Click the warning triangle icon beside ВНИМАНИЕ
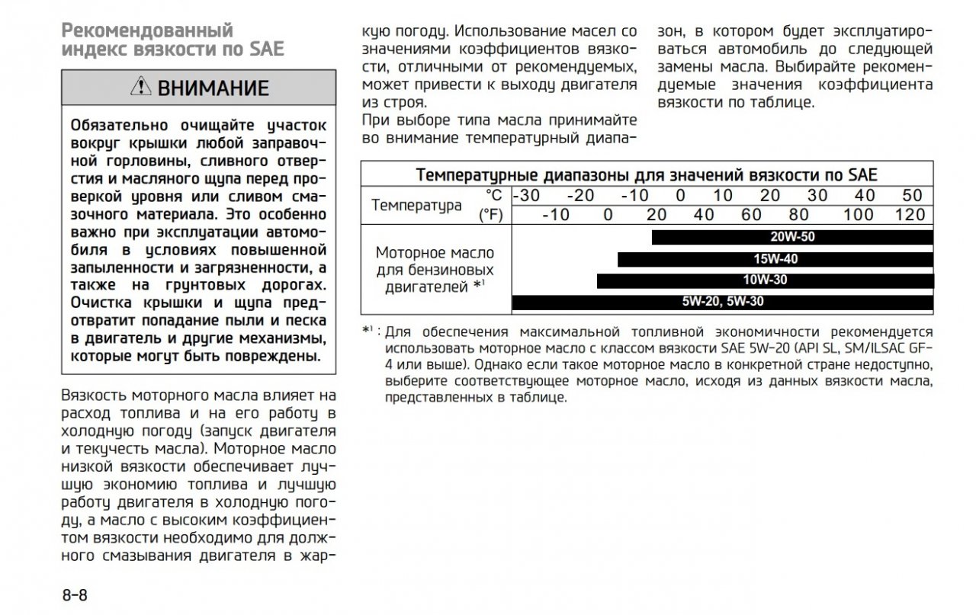(141, 88)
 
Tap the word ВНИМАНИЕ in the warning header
(213, 88)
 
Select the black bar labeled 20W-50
(792, 237)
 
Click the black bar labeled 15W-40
(775, 259)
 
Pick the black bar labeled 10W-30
(765, 280)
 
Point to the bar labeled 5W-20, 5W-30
(722, 302)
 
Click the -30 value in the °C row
(526, 195)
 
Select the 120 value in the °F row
(910, 215)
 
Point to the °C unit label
(494, 195)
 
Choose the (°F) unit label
(492, 215)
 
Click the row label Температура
(416, 205)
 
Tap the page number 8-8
(75, 594)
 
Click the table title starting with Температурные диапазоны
(647, 175)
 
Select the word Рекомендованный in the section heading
(147, 31)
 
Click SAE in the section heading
(267, 50)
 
